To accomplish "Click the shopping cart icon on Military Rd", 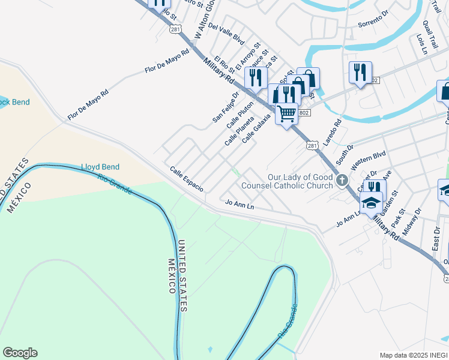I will click(287, 112).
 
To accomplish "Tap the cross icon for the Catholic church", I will click(342, 180).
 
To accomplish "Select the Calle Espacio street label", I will click(186, 179).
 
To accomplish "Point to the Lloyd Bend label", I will click(100, 167).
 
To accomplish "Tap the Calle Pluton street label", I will click(240, 115).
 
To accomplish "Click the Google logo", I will click(20, 353).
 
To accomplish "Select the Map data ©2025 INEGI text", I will click(413, 355).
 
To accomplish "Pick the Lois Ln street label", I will click(421, 44).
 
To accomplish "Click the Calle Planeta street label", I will click(239, 131).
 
